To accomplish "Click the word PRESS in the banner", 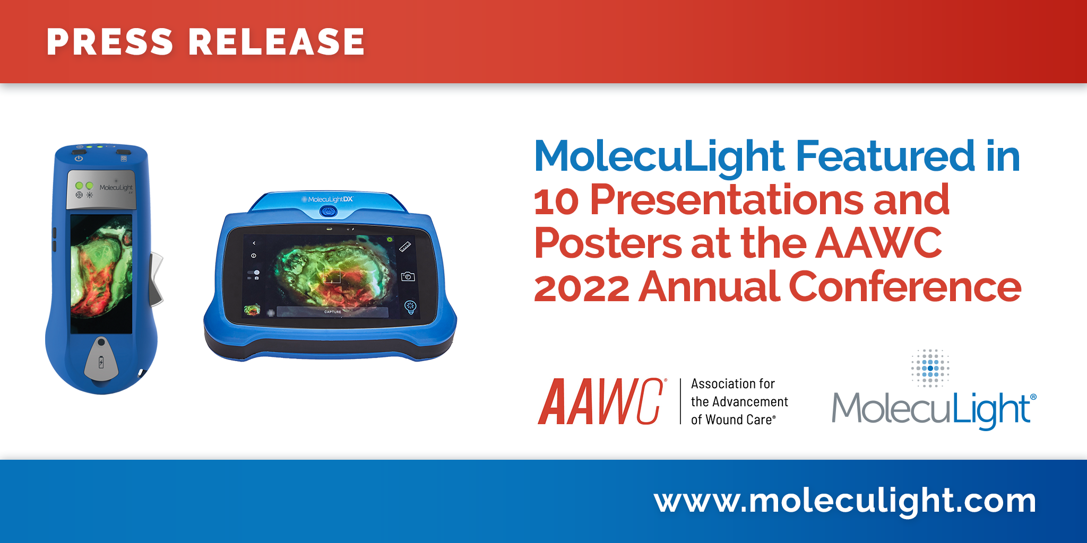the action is click(x=110, y=42).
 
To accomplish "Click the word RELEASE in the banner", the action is click(x=277, y=42).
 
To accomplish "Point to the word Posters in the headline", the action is click(x=608, y=243).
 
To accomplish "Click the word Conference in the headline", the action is click(x=904, y=286).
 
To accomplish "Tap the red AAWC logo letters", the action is click(x=600, y=401).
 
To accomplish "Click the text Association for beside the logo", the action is click(x=732, y=383).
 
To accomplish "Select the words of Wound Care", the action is click(x=733, y=419).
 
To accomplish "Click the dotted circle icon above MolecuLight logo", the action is click(x=930, y=368).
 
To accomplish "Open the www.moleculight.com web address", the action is click(x=845, y=501).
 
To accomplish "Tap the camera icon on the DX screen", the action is click(x=408, y=276).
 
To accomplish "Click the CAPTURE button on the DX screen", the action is click(x=333, y=312).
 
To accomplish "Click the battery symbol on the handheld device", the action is click(x=101, y=363).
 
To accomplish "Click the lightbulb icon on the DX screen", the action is click(x=410, y=306).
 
